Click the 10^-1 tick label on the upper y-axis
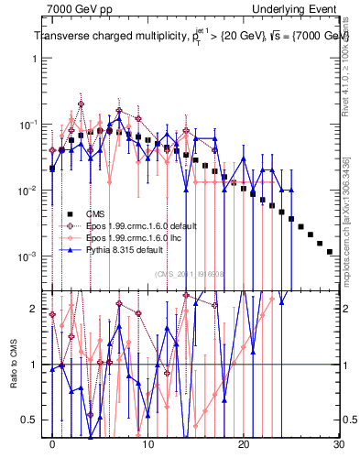click(25, 125)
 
